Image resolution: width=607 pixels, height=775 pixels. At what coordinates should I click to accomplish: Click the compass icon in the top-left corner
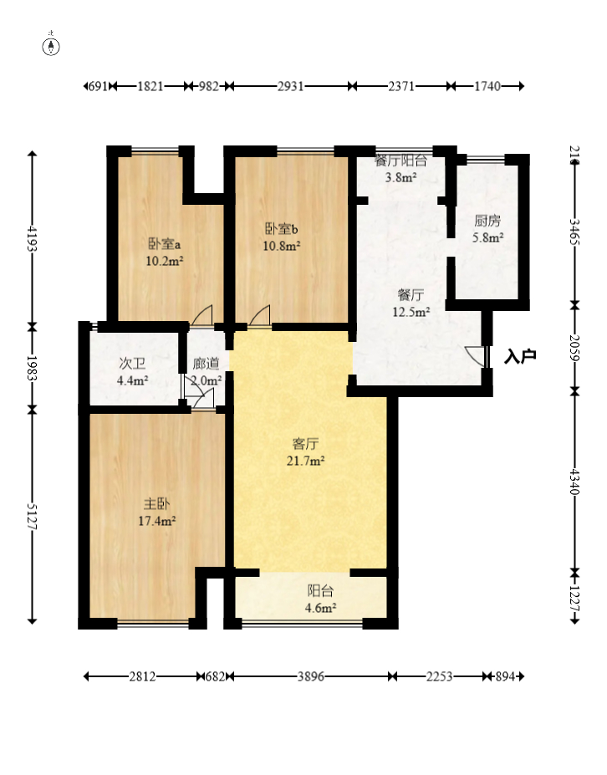coord(50,46)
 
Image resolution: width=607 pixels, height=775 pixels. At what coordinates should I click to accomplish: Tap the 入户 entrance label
coord(520,356)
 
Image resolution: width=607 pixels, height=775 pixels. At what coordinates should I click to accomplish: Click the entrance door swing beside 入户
coord(475,356)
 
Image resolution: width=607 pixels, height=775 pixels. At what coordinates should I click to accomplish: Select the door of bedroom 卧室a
coord(201,315)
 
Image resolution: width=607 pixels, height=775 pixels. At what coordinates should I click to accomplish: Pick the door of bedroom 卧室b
coord(259,315)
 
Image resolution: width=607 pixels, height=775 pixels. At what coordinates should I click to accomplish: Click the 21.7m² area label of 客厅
coord(305,461)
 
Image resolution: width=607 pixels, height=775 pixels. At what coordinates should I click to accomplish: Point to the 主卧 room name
coord(156,504)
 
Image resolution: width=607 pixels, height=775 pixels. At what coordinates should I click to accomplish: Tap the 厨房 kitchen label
coord(487,221)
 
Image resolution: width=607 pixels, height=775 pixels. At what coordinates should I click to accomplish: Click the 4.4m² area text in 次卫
coord(132,380)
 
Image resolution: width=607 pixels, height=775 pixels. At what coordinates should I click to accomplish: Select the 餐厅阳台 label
coord(400,161)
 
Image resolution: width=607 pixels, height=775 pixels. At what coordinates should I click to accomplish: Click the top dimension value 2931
coord(290,86)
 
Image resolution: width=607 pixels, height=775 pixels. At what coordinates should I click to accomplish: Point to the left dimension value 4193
coord(32,238)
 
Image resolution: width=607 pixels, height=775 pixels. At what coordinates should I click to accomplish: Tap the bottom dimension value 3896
coord(310,676)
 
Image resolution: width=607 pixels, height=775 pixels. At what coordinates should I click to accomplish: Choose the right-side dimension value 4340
coord(574,481)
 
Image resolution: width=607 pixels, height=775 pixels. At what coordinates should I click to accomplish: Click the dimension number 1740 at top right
coord(487,86)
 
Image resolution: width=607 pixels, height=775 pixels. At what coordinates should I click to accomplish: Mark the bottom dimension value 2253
coord(439,676)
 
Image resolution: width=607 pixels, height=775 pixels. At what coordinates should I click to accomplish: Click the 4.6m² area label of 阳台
coord(320,608)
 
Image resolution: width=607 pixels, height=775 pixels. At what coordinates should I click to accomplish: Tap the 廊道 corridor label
coord(207,364)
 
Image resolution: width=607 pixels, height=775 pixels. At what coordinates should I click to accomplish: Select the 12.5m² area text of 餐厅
coord(411,312)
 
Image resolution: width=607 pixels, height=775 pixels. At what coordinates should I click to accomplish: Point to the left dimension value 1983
coord(32,368)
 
